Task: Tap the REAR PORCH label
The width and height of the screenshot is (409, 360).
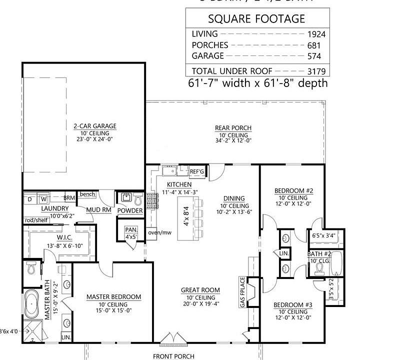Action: [x=233, y=128]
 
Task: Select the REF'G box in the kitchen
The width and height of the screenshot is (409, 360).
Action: [x=197, y=172]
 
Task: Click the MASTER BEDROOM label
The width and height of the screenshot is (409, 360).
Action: [x=113, y=297]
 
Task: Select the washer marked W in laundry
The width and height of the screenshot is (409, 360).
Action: [x=42, y=199]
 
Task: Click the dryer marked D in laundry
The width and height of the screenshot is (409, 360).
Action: [x=29, y=199]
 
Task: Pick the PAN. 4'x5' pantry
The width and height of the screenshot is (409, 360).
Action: [x=130, y=233]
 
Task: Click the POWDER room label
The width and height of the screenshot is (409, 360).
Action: [x=129, y=210]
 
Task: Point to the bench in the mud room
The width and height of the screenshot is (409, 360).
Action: [x=87, y=194]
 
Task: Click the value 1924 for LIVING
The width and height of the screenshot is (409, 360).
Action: [x=316, y=34]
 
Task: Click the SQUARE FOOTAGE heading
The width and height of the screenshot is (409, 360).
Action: [x=256, y=19]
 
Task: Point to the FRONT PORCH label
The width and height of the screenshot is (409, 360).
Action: [x=174, y=356]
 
